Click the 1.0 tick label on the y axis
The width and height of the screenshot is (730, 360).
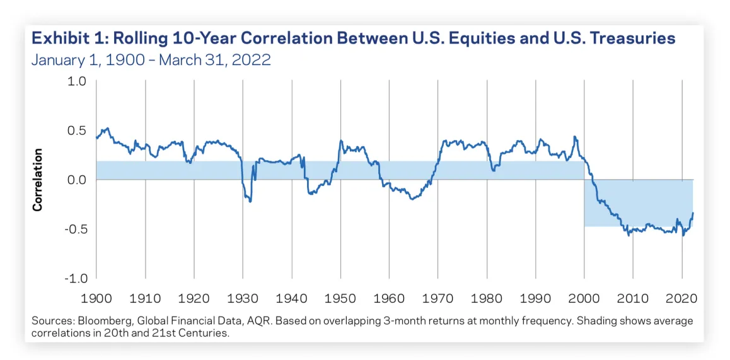point(77,81)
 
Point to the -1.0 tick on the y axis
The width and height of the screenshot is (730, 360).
point(75,278)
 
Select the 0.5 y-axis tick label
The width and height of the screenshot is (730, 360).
point(77,131)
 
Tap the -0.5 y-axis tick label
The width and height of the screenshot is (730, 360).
point(75,229)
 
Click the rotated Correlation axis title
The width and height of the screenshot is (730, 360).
point(38,180)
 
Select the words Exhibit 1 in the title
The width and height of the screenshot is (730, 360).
point(64,38)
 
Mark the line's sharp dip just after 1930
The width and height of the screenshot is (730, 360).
point(250,201)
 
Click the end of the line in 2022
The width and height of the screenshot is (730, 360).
point(693,213)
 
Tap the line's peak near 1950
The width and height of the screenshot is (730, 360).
point(341,141)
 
